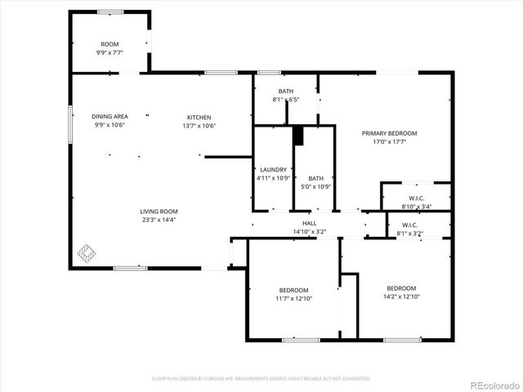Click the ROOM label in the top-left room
pos(110,44)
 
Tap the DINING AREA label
pos(110,117)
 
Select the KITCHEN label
pos(199,117)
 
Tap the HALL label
pos(310,223)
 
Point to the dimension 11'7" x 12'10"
pos(294,299)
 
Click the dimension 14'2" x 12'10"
pos(401,297)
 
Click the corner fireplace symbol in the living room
pos(85,252)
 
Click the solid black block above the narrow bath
pos(298,136)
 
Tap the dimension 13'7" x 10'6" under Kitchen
pos(199,126)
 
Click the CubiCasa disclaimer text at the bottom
pos(261,379)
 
